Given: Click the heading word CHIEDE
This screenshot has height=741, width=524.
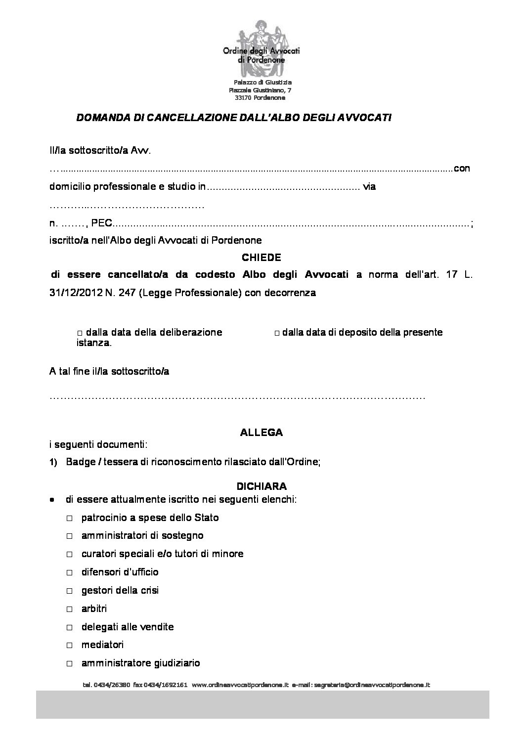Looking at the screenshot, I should [x=262, y=258].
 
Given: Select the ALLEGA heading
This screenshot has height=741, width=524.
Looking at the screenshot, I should [x=262, y=433].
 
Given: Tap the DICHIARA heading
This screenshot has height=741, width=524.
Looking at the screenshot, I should [x=262, y=486].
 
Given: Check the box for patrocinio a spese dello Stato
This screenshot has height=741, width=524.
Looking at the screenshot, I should [x=70, y=518].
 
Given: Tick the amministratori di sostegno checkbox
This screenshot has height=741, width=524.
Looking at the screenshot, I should [x=70, y=536].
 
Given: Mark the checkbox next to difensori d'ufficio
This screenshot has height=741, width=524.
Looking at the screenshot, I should [x=70, y=573].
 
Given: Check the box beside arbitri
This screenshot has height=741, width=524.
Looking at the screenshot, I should [x=70, y=610].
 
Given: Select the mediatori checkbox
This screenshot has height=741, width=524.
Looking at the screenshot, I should [x=70, y=646].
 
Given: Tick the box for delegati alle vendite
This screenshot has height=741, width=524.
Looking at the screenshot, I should [x=70, y=628].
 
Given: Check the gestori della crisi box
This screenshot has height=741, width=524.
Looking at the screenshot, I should [x=70, y=591].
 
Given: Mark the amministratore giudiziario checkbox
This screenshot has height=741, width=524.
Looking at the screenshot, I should [x=70, y=664].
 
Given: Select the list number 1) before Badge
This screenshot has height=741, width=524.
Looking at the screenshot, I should [x=54, y=463].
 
